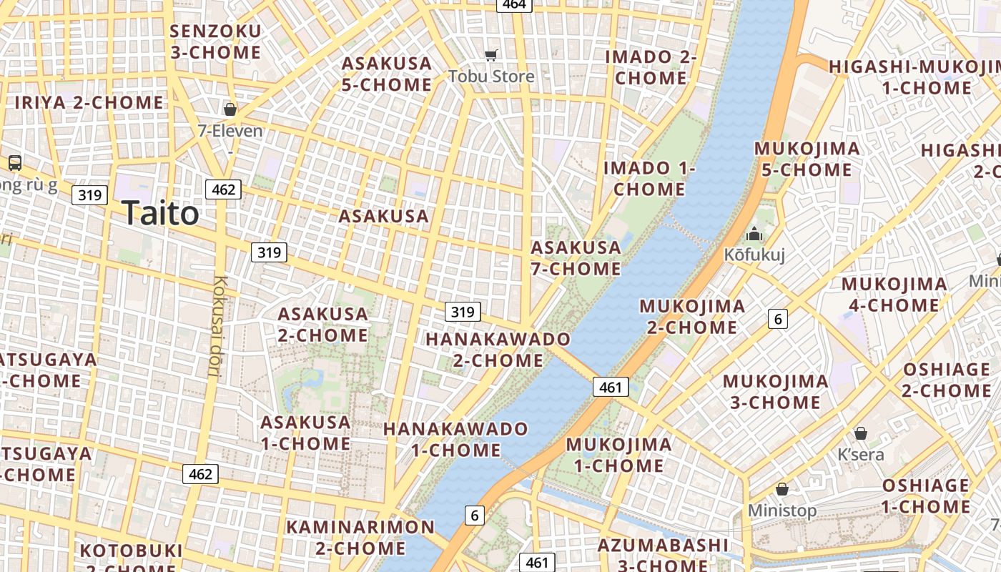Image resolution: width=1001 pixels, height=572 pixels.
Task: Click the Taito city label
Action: pos(160,213)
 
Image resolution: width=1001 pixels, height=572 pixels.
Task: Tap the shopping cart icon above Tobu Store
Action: pos(491,56)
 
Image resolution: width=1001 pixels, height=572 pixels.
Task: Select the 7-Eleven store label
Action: pos(230,131)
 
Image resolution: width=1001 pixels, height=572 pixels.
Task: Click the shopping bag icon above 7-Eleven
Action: pos(230,109)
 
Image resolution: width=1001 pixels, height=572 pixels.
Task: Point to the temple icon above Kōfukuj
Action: pos(754,234)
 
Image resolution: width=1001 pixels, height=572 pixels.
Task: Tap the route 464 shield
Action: pos(514,4)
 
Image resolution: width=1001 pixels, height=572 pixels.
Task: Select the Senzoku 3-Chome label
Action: pos(216,41)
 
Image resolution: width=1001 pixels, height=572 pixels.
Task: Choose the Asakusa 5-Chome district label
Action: pos(387,74)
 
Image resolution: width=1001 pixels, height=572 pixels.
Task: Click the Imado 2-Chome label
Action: pos(651,67)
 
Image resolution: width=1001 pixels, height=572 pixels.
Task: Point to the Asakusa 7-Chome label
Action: pos(576,258)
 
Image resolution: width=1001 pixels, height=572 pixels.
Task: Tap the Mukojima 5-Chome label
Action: pos(807,159)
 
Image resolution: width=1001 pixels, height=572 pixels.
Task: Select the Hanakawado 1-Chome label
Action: pos(456,439)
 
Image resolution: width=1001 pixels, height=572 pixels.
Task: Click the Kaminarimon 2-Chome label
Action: pos(360,538)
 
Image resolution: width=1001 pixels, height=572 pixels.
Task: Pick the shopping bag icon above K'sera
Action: pos(861,433)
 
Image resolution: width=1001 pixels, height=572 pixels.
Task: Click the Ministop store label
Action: pos(782,511)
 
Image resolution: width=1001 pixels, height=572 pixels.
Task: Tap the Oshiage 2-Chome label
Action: pos(947,380)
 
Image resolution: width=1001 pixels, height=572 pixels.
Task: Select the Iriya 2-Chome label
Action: pos(89,102)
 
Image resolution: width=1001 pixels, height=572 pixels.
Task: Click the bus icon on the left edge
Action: pos(15,163)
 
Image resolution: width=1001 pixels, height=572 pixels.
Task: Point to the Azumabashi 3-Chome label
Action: pos(663,555)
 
